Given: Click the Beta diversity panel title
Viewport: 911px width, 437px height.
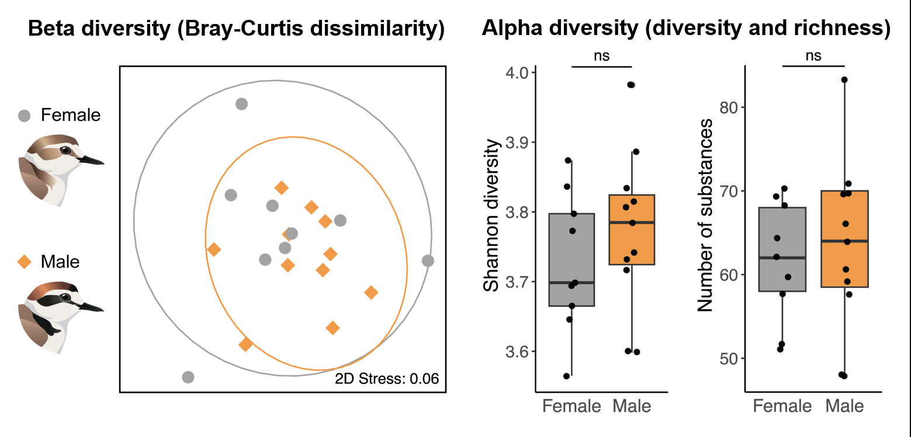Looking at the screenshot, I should click(236, 29).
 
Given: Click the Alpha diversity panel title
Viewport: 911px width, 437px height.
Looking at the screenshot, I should click(685, 29).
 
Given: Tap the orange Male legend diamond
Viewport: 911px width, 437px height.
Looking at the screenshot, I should click(25, 262).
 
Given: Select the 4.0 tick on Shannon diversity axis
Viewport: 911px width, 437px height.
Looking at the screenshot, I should click(517, 73).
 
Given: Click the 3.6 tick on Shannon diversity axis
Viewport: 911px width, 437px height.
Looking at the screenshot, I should click(517, 352).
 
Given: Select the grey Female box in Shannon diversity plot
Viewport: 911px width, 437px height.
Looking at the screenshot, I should click(571, 259).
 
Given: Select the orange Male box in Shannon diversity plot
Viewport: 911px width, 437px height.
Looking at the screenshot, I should click(632, 230).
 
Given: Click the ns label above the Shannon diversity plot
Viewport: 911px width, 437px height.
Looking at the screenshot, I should click(601, 56).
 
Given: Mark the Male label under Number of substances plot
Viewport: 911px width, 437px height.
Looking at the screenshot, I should click(845, 405).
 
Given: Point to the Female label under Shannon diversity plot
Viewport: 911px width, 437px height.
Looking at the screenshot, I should click(571, 405).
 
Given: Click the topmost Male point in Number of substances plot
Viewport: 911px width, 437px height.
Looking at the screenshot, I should click(844, 79).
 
